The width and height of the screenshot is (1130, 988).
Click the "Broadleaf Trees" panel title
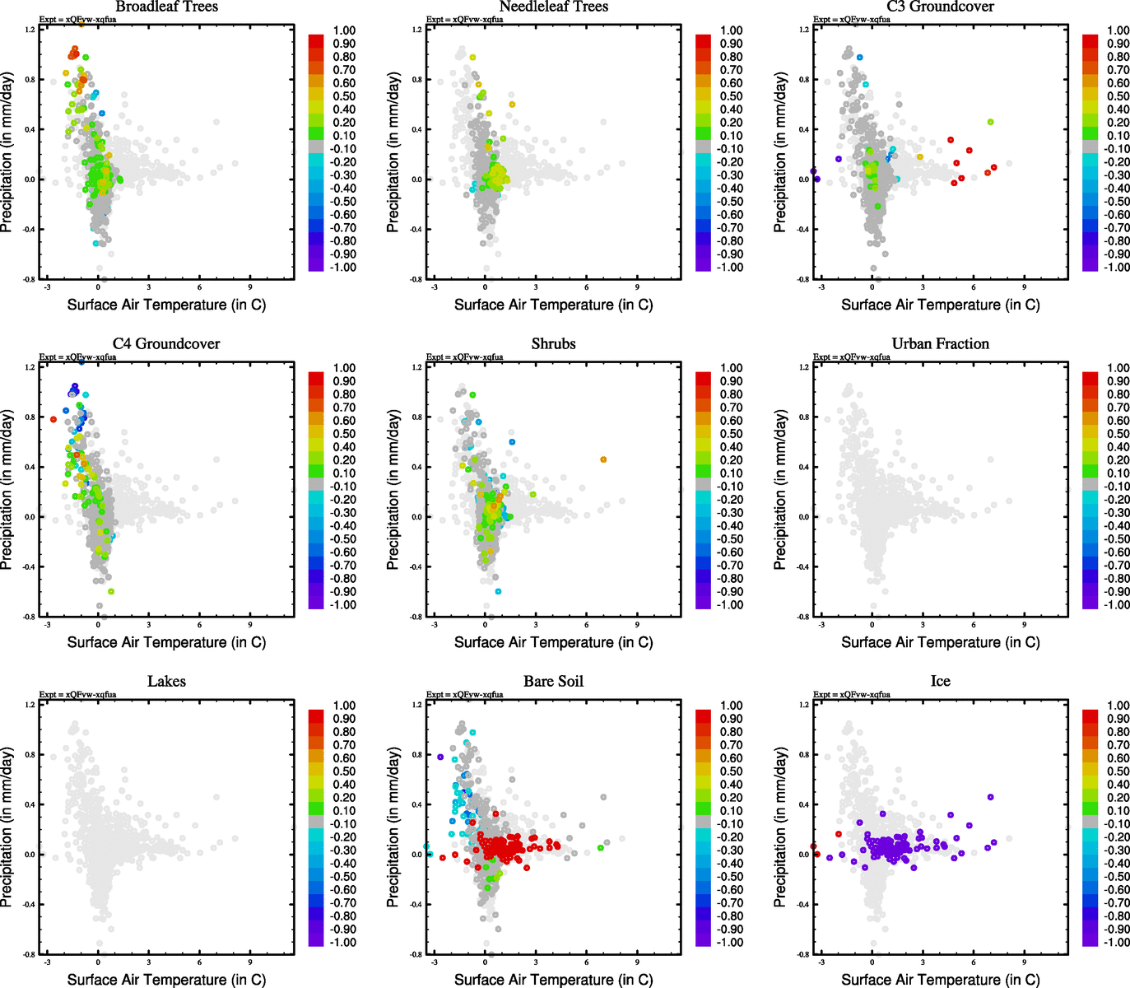pyautogui.click(x=166, y=7)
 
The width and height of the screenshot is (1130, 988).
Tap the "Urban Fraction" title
pyautogui.click(x=940, y=344)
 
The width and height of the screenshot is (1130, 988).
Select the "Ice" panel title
pyautogui.click(x=940, y=682)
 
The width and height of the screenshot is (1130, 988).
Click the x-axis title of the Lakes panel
pyautogui.click(x=166, y=980)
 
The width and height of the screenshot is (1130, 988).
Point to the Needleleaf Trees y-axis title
pyautogui.click(x=393, y=152)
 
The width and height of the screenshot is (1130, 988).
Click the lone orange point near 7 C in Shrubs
pyautogui.click(x=603, y=459)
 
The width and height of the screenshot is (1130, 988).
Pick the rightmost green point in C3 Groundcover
pyautogui.click(x=990, y=122)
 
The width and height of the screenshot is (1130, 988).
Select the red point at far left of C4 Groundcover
pyautogui.click(x=53, y=419)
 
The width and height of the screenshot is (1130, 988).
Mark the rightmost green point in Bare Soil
pyautogui.click(x=601, y=847)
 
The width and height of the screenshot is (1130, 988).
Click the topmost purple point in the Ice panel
pyautogui.click(x=990, y=797)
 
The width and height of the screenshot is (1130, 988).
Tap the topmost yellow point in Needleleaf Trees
pyautogui.click(x=472, y=58)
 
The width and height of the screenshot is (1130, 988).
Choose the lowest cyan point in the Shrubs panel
pyautogui.click(x=498, y=591)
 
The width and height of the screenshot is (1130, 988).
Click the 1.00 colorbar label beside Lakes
pyautogui.click(x=344, y=706)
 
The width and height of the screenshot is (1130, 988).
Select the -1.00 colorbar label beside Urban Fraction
pyautogui.click(x=1117, y=605)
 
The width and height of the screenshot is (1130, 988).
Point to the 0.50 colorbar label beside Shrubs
pyautogui.click(x=731, y=434)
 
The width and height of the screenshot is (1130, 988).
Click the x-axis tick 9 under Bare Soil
pyautogui.click(x=637, y=962)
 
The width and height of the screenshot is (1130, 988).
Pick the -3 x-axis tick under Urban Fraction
pyautogui.click(x=821, y=624)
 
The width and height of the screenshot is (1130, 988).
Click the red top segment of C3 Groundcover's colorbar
pyautogui.click(x=1090, y=40)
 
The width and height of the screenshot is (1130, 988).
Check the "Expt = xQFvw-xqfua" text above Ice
pyautogui.click(x=851, y=694)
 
